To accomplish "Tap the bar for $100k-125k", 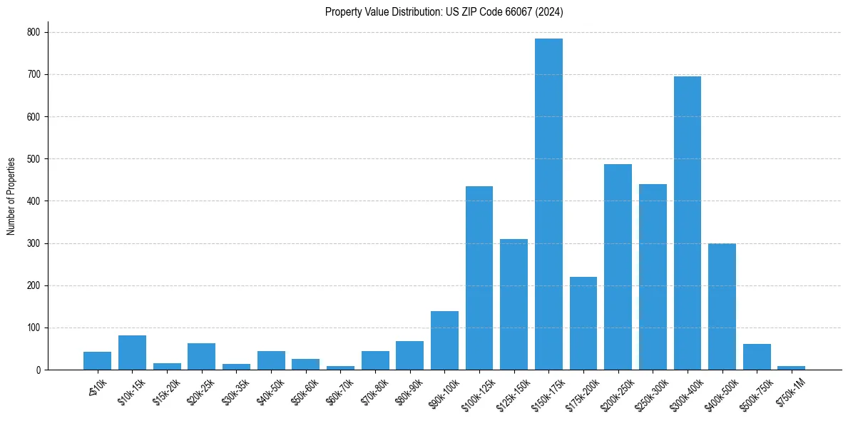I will click(x=479, y=278).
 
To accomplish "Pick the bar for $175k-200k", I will click(x=583, y=323).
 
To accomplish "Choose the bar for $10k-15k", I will click(x=132, y=352).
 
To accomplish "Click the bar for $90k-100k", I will click(x=444, y=340).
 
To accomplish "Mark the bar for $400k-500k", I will click(x=722, y=307).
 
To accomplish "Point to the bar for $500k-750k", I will click(x=757, y=357).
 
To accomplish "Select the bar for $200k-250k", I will click(x=618, y=267).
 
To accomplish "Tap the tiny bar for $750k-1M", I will click(x=791, y=367).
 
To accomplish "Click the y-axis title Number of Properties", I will click(x=11, y=196).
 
